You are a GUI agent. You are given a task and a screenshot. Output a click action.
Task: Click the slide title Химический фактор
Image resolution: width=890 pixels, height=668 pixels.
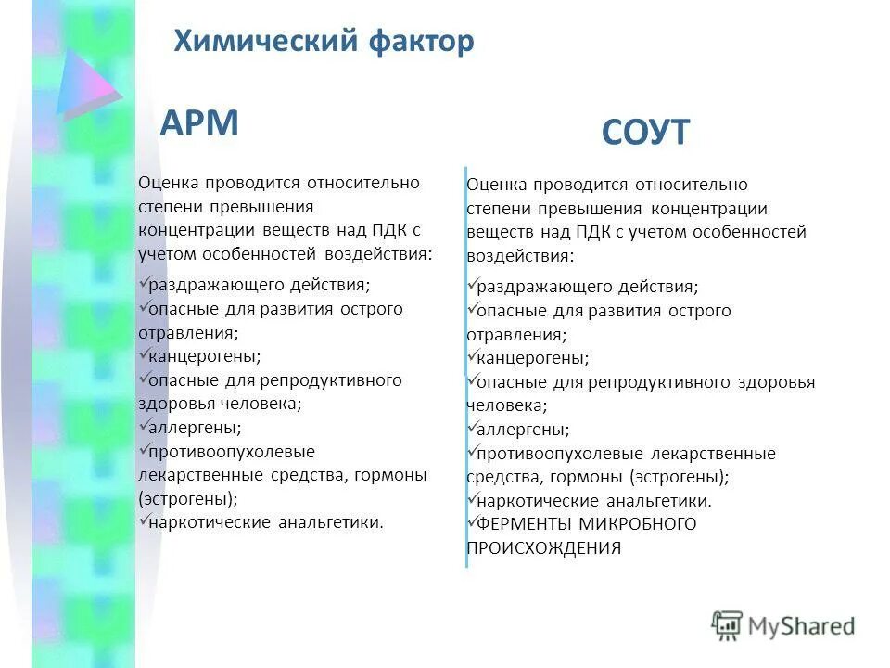[324, 41]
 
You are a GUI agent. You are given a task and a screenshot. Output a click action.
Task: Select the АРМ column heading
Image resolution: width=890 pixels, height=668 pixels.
[199, 122]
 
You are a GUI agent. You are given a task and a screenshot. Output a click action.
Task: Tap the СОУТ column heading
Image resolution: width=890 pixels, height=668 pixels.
[645, 133]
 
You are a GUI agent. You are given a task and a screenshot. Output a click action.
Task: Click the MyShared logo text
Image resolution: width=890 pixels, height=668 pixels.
[801, 626]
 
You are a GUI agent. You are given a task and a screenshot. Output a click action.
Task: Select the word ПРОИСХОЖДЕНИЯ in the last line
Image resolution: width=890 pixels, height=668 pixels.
[544, 548]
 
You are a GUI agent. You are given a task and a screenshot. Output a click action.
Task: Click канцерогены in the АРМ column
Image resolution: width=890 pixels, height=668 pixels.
[204, 355]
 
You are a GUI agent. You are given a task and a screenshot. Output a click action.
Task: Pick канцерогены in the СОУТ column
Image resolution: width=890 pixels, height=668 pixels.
[532, 358]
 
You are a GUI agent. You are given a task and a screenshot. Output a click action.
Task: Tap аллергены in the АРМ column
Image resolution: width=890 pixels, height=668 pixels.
[195, 428]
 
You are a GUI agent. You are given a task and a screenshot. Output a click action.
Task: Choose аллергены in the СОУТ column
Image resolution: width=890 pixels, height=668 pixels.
[523, 430]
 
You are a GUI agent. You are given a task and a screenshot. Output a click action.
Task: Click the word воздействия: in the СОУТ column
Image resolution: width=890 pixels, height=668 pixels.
[520, 255]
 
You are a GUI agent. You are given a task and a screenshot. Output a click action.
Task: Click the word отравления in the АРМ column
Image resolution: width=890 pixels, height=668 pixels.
[186, 332]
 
